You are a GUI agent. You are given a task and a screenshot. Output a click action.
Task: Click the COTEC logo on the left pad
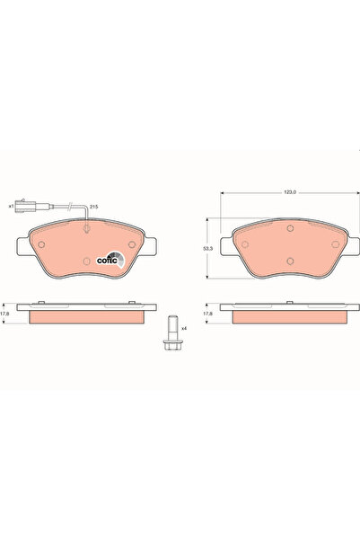[x=110, y=260]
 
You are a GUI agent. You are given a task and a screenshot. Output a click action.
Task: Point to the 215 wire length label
[x=93, y=207]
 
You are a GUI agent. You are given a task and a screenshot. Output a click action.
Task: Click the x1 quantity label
[x=11, y=207]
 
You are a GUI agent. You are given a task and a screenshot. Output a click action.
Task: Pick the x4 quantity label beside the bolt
[x=184, y=328]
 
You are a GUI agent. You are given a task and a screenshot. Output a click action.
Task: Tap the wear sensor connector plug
[x=25, y=206]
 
